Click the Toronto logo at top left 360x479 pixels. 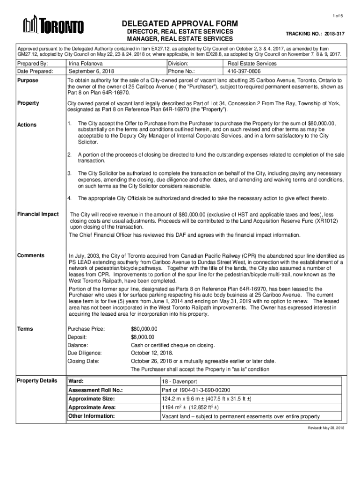[54, 26]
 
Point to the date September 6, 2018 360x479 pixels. [92, 72]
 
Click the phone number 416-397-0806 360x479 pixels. [245, 72]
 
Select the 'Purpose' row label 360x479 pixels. [28, 80]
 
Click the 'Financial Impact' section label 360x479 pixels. [38, 214]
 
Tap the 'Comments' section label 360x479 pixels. [31, 255]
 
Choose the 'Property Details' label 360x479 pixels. [37, 380]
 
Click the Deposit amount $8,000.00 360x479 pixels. [144, 337]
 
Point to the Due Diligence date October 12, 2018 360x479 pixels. [152, 353]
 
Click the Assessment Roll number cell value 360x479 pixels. [196, 390]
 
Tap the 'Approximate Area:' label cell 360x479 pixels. [92, 407]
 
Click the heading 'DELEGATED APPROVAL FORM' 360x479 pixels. [180, 24]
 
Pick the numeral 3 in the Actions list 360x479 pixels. [69, 173]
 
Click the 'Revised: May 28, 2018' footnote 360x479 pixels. [325, 428]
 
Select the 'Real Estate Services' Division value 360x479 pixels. [252, 64]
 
